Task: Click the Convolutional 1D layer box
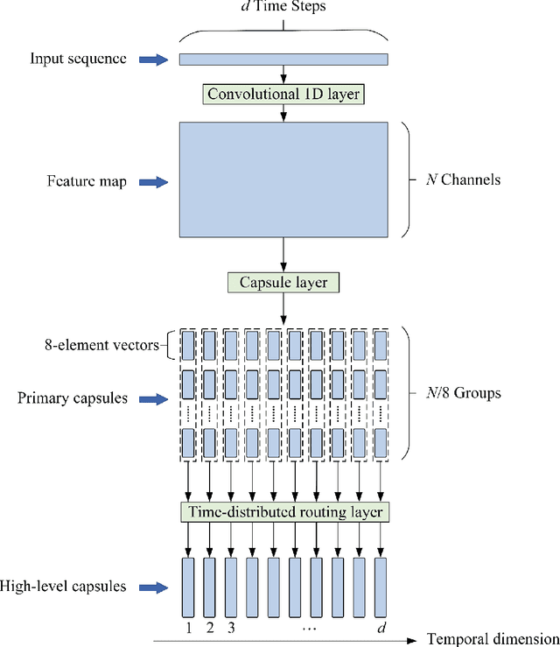pos(283,92)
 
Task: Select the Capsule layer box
pos(283,282)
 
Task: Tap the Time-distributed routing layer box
pos(283,511)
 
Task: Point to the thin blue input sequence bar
pos(283,59)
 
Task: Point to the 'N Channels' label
pos(458,180)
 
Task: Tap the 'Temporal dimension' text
pos(493,638)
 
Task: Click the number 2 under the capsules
pos(209,626)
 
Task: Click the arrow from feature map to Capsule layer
pos(283,255)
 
